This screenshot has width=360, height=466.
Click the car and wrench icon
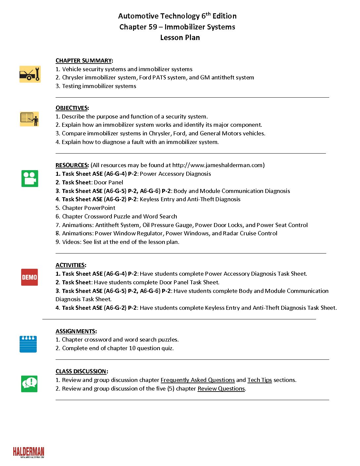[30, 74]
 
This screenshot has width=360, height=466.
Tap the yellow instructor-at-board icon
[29, 119]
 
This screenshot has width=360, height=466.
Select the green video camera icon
[30, 178]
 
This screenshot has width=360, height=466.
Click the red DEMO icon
[29, 277]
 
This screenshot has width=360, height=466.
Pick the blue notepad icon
[28, 344]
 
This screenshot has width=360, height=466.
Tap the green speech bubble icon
[29, 384]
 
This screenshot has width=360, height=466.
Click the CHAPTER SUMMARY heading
[84, 61]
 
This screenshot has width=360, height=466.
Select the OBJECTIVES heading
[71, 108]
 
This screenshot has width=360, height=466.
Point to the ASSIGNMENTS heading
[76, 331]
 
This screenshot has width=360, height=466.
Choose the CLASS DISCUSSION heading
[81, 371]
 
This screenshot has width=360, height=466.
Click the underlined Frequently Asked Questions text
[198, 380]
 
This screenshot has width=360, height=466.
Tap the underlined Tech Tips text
[259, 380]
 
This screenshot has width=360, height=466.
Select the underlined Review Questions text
[221, 389]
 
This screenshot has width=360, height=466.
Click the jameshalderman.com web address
[217, 165]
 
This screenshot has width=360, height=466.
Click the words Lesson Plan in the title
[180, 37]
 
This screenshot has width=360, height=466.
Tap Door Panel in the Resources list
[108, 182]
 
